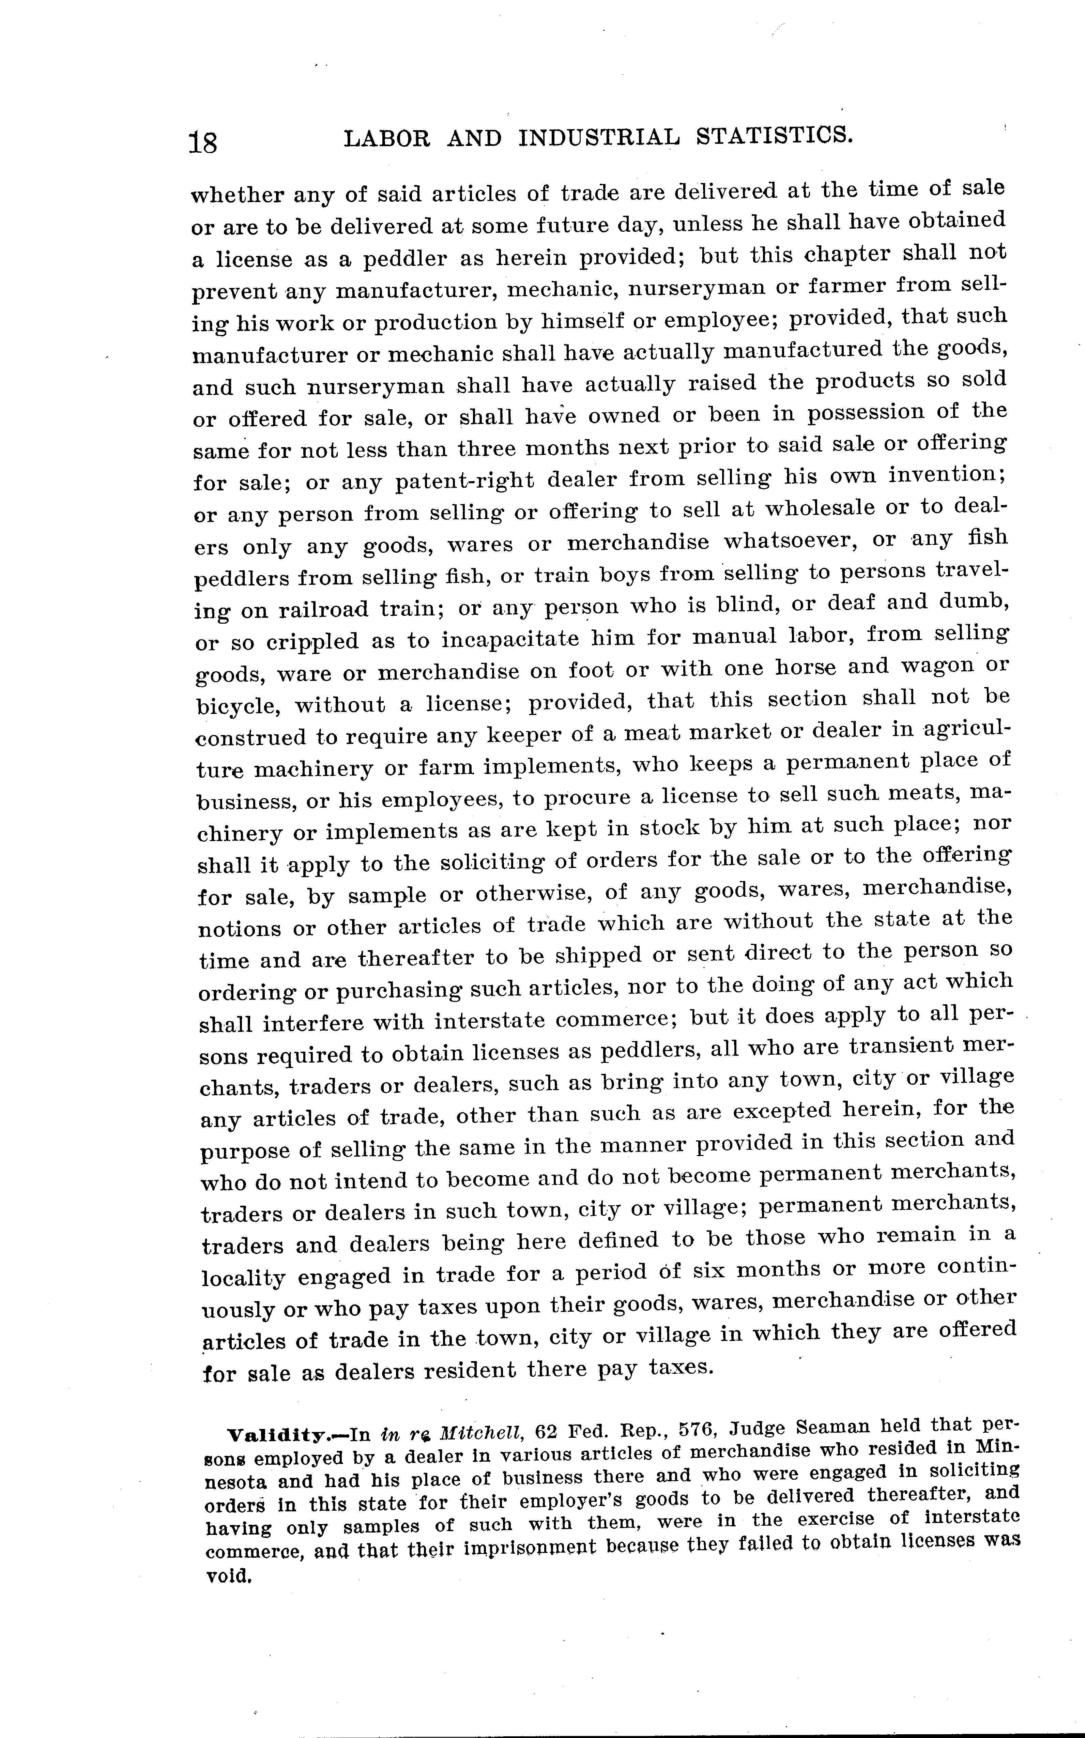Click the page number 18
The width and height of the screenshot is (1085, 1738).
(x=203, y=142)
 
